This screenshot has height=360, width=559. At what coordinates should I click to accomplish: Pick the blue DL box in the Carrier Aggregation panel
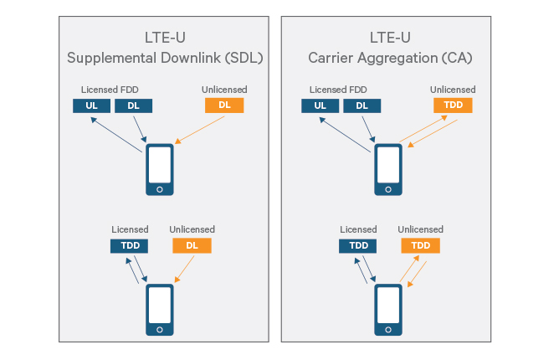coord(362,105)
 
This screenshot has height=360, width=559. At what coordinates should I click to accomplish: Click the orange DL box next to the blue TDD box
coord(192,246)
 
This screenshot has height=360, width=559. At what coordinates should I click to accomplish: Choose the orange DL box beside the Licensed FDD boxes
coord(224,105)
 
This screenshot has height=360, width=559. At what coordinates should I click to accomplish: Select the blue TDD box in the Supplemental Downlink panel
coord(129,246)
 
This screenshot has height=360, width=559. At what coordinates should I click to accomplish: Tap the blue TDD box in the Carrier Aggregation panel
coord(357,246)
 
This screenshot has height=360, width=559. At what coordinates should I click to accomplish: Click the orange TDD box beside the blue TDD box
coord(420,246)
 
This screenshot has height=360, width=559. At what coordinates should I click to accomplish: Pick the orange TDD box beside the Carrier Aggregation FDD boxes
coord(453,105)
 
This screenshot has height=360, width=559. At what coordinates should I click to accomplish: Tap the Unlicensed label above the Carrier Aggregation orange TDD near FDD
coord(453,90)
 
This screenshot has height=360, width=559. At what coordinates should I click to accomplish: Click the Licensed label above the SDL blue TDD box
coord(130,229)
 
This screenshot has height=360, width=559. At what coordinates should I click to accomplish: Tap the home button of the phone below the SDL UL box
coord(160,189)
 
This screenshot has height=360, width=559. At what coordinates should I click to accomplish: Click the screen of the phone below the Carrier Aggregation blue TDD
coord(387,306)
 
